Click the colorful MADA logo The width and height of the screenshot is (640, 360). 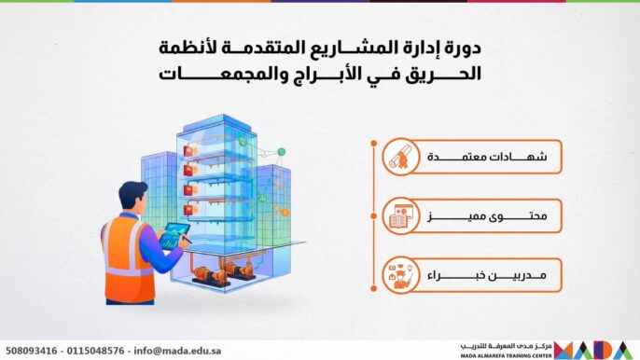point(596,350)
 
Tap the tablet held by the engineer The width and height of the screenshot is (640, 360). point(174,236)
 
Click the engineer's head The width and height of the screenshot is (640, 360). point(132,198)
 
